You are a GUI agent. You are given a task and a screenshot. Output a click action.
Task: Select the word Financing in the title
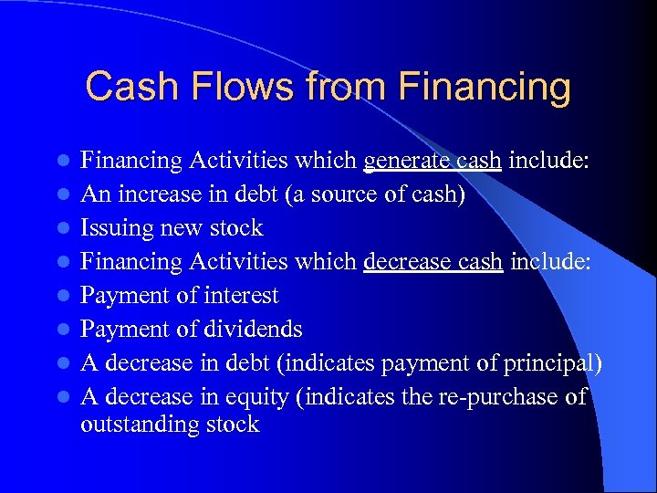(x=485, y=88)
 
